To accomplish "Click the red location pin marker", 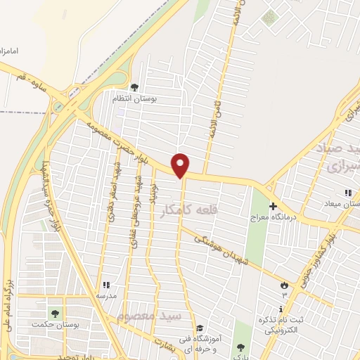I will tap(181, 165).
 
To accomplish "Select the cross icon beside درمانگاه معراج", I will tap(273, 205).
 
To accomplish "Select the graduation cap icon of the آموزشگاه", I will tap(200, 328).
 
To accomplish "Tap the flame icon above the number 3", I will tap(284, 285).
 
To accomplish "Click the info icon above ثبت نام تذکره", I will tap(281, 309).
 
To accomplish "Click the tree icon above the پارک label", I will tap(241, 347).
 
